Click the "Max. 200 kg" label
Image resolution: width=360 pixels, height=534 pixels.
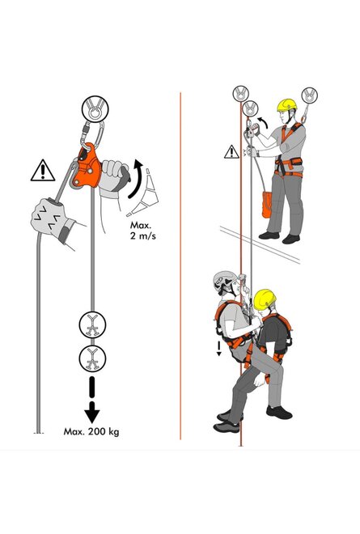pyautogui.click(x=91, y=431)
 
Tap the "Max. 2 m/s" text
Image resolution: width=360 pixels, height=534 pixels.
pyautogui.click(x=143, y=231)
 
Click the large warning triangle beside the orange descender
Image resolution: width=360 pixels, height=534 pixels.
pyautogui.click(x=43, y=170)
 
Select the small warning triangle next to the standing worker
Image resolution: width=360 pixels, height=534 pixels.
pyautogui.click(x=231, y=152)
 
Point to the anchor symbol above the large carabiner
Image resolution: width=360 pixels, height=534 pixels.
pyautogui.click(x=95, y=109)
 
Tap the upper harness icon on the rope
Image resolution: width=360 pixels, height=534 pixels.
pyautogui.click(x=92, y=325)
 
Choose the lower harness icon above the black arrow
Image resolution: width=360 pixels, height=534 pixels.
pyautogui.click(x=92, y=358)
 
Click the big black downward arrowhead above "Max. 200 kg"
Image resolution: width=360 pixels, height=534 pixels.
pyautogui.click(x=92, y=412)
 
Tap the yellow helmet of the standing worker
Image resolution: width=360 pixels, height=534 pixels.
pyautogui.click(x=286, y=105)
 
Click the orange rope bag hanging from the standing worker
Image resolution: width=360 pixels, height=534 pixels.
pyautogui.click(x=267, y=205)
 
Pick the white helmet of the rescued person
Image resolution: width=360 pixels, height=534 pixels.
pyautogui.click(x=223, y=280)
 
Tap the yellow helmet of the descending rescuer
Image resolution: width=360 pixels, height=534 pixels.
pyautogui.click(x=265, y=299)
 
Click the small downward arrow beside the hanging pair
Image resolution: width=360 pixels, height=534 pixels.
pyautogui.click(x=219, y=349)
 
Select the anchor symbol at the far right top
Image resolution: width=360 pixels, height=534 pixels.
pyautogui.click(x=309, y=95)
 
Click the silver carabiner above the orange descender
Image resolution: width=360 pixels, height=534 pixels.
pyautogui.click(x=93, y=136)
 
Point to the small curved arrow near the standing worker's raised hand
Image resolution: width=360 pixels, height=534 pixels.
pyautogui.click(x=262, y=122)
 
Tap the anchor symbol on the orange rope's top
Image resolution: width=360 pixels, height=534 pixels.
pyautogui.click(x=241, y=94)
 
